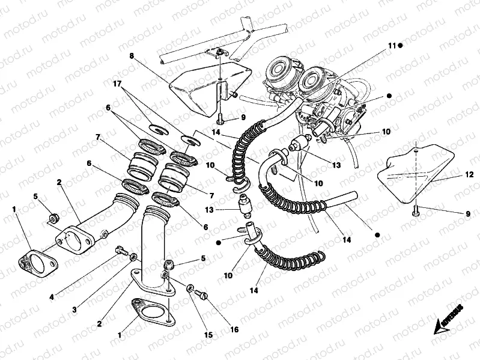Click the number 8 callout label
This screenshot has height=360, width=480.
coord(131,55)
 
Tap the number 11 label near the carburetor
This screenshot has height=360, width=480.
coord(391,46)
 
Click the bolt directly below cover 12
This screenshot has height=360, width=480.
coord(415,210)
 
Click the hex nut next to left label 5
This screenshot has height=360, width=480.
coord(53,214)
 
